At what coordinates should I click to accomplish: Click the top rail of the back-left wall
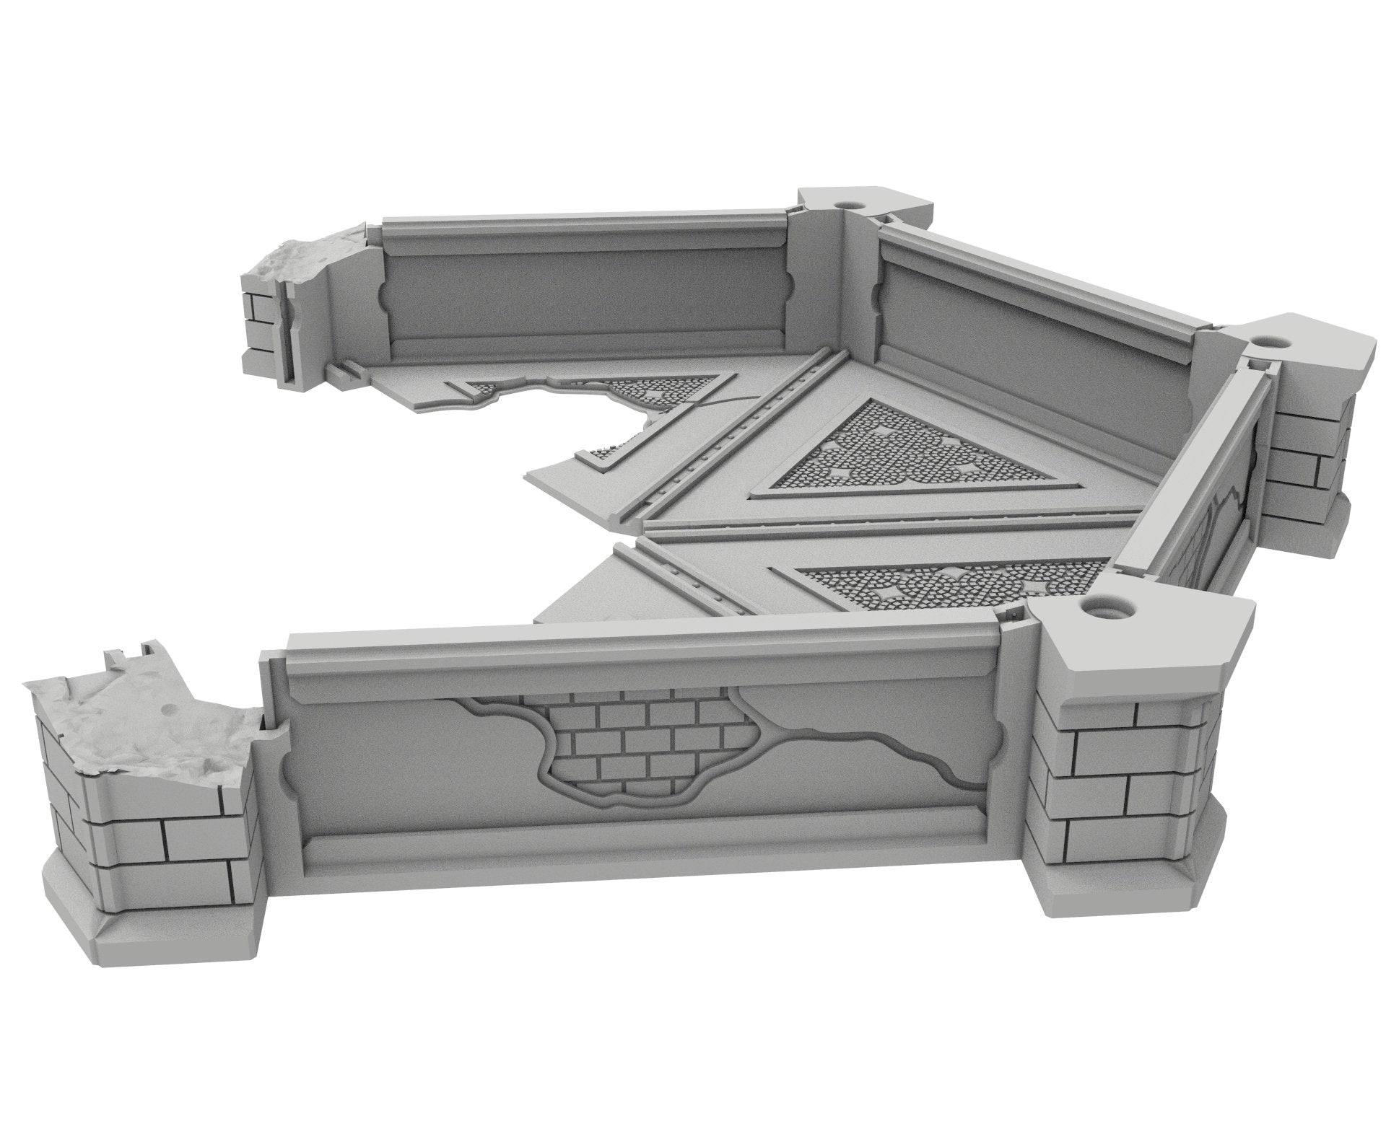[577, 231]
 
